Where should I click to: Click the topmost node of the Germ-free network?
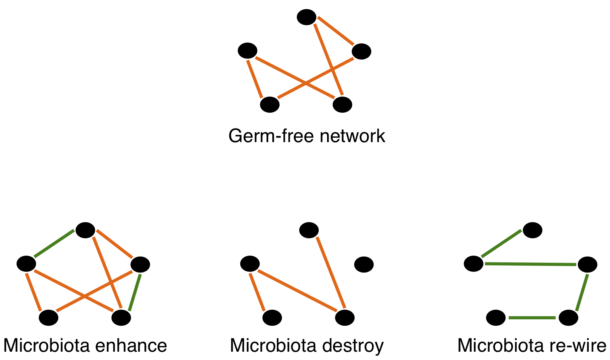306,17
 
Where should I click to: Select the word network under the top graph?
352,136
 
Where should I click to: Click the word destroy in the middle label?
353,346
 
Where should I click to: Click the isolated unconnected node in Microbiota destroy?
364,264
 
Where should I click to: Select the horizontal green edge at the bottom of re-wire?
532,317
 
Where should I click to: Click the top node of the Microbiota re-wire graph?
532,230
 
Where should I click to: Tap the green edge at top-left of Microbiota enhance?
54,244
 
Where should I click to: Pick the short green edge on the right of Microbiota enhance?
135,292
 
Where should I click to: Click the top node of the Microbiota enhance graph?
85,230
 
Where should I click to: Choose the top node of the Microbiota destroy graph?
309,230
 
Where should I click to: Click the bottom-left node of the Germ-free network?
270,104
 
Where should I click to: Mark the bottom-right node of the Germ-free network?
342,104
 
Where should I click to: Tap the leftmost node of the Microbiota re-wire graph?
473,263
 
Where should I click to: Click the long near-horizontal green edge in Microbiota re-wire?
530,264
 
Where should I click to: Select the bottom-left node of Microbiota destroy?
272,317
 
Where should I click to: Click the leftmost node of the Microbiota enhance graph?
26,263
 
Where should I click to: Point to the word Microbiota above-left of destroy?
274,346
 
